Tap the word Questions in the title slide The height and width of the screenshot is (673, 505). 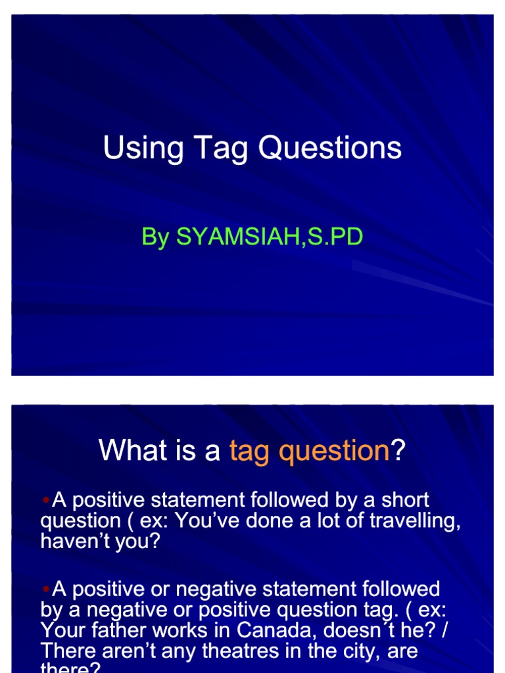pyautogui.click(x=329, y=148)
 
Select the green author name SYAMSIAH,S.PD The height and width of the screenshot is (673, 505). pyautogui.click(x=269, y=237)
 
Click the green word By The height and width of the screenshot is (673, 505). pyautogui.click(x=155, y=237)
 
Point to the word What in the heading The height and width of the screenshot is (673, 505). pyautogui.click(x=128, y=451)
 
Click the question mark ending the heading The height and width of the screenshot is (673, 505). pyautogui.click(x=398, y=451)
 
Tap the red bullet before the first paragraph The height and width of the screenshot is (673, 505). pyautogui.click(x=45, y=501)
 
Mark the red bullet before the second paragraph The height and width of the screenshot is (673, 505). pyautogui.click(x=45, y=589)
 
